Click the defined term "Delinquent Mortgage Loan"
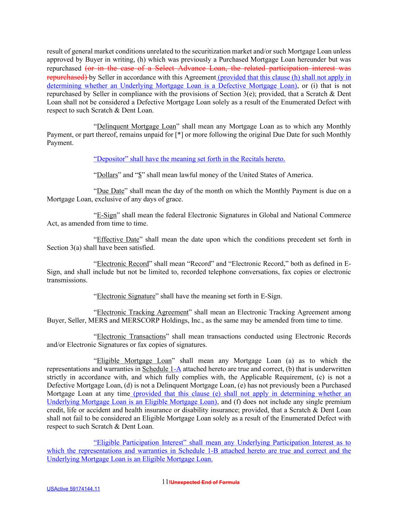[x=136, y=126]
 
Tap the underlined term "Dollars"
[x=107, y=175]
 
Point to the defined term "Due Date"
[x=111, y=191]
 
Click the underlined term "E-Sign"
[x=107, y=215]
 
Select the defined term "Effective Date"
[x=118, y=240]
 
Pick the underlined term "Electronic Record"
[x=123, y=264]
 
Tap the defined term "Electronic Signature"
[x=126, y=296]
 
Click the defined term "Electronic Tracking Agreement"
[x=143, y=312]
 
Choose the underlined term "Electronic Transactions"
[x=131, y=337]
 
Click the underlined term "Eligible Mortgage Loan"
[x=134, y=361]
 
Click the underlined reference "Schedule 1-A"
[x=161, y=369]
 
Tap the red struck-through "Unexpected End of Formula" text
[x=204, y=483]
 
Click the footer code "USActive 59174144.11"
[x=73, y=489]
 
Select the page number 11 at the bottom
[x=164, y=482]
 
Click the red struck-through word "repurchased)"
[x=67, y=77]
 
